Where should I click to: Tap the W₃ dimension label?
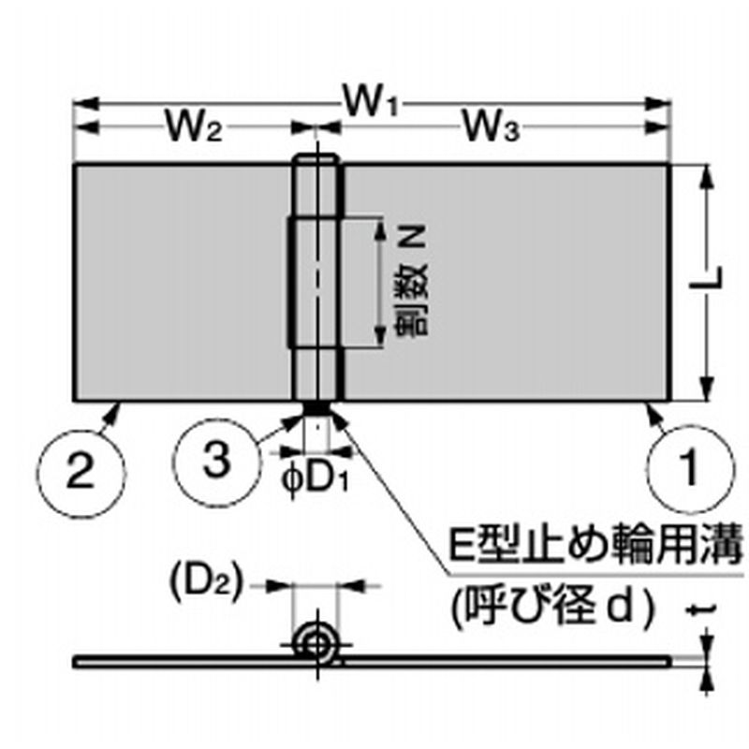489,125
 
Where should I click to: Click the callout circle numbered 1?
689,465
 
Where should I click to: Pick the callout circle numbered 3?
215,460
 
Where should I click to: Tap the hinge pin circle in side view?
316,645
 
